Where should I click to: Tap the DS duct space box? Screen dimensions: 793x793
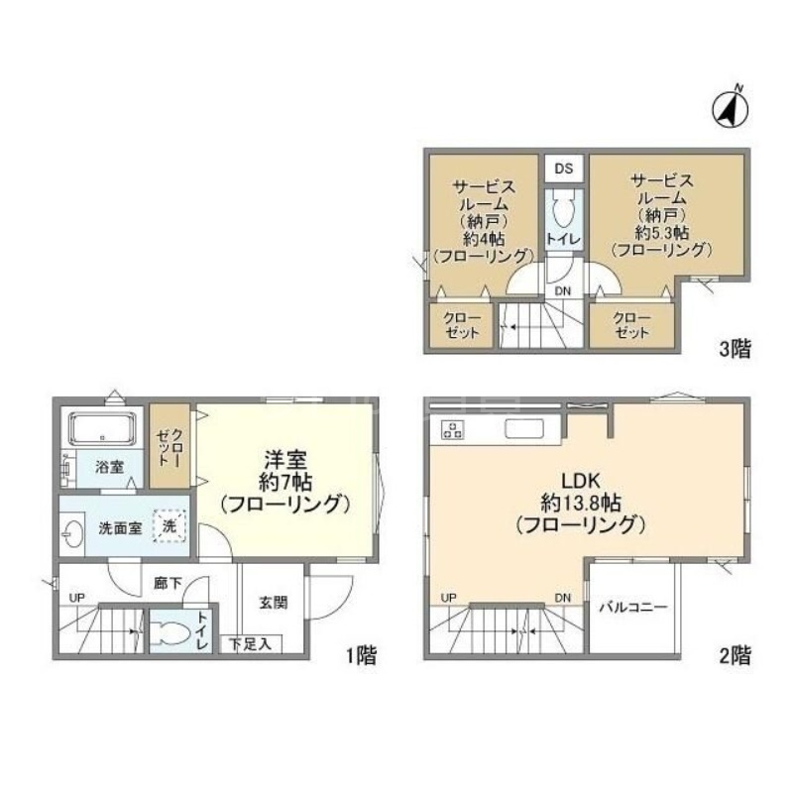click(564, 169)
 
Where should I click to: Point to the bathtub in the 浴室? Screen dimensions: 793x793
click(103, 428)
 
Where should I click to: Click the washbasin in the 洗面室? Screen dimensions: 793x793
click(72, 533)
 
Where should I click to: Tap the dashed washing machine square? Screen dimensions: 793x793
click(170, 526)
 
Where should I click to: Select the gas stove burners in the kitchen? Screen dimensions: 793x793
click(452, 429)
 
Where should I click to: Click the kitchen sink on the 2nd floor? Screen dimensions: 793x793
click(524, 429)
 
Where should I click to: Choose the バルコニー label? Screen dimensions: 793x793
click(633, 607)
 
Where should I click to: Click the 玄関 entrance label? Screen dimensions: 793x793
click(274, 603)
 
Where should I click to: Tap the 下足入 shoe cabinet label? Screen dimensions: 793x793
click(251, 644)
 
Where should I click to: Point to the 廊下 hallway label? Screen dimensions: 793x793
click(168, 583)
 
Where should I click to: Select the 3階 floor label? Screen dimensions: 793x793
click(736, 349)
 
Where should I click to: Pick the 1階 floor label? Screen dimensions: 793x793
click(361, 656)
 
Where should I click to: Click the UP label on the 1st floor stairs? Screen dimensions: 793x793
click(77, 599)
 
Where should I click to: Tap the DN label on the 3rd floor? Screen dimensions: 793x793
click(563, 291)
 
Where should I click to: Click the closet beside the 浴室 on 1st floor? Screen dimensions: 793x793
click(170, 446)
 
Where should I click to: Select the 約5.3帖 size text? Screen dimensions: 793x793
click(661, 233)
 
